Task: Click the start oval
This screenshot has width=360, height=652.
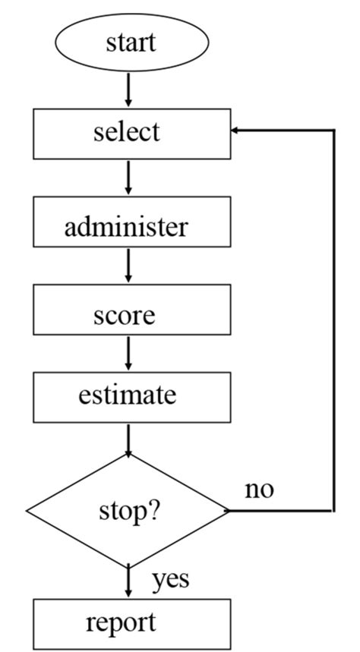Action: (x=131, y=43)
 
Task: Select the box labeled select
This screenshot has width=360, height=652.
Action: (x=131, y=133)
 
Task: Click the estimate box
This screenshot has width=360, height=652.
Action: (x=131, y=395)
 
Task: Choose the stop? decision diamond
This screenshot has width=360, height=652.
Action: (x=128, y=510)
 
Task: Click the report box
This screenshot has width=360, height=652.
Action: (x=131, y=623)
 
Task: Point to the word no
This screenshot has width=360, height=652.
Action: (x=259, y=490)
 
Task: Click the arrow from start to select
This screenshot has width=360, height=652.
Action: (x=128, y=90)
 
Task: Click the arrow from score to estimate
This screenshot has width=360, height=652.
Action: (x=128, y=353)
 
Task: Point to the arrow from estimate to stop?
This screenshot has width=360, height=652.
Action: (x=128, y=439)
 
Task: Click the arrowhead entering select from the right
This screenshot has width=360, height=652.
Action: (x=237, y=131)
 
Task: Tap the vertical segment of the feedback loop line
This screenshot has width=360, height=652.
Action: (x=333, y=319)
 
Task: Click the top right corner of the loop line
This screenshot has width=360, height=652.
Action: (x=333, y=131)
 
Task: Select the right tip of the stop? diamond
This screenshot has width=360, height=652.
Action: (x=229, y=510)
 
